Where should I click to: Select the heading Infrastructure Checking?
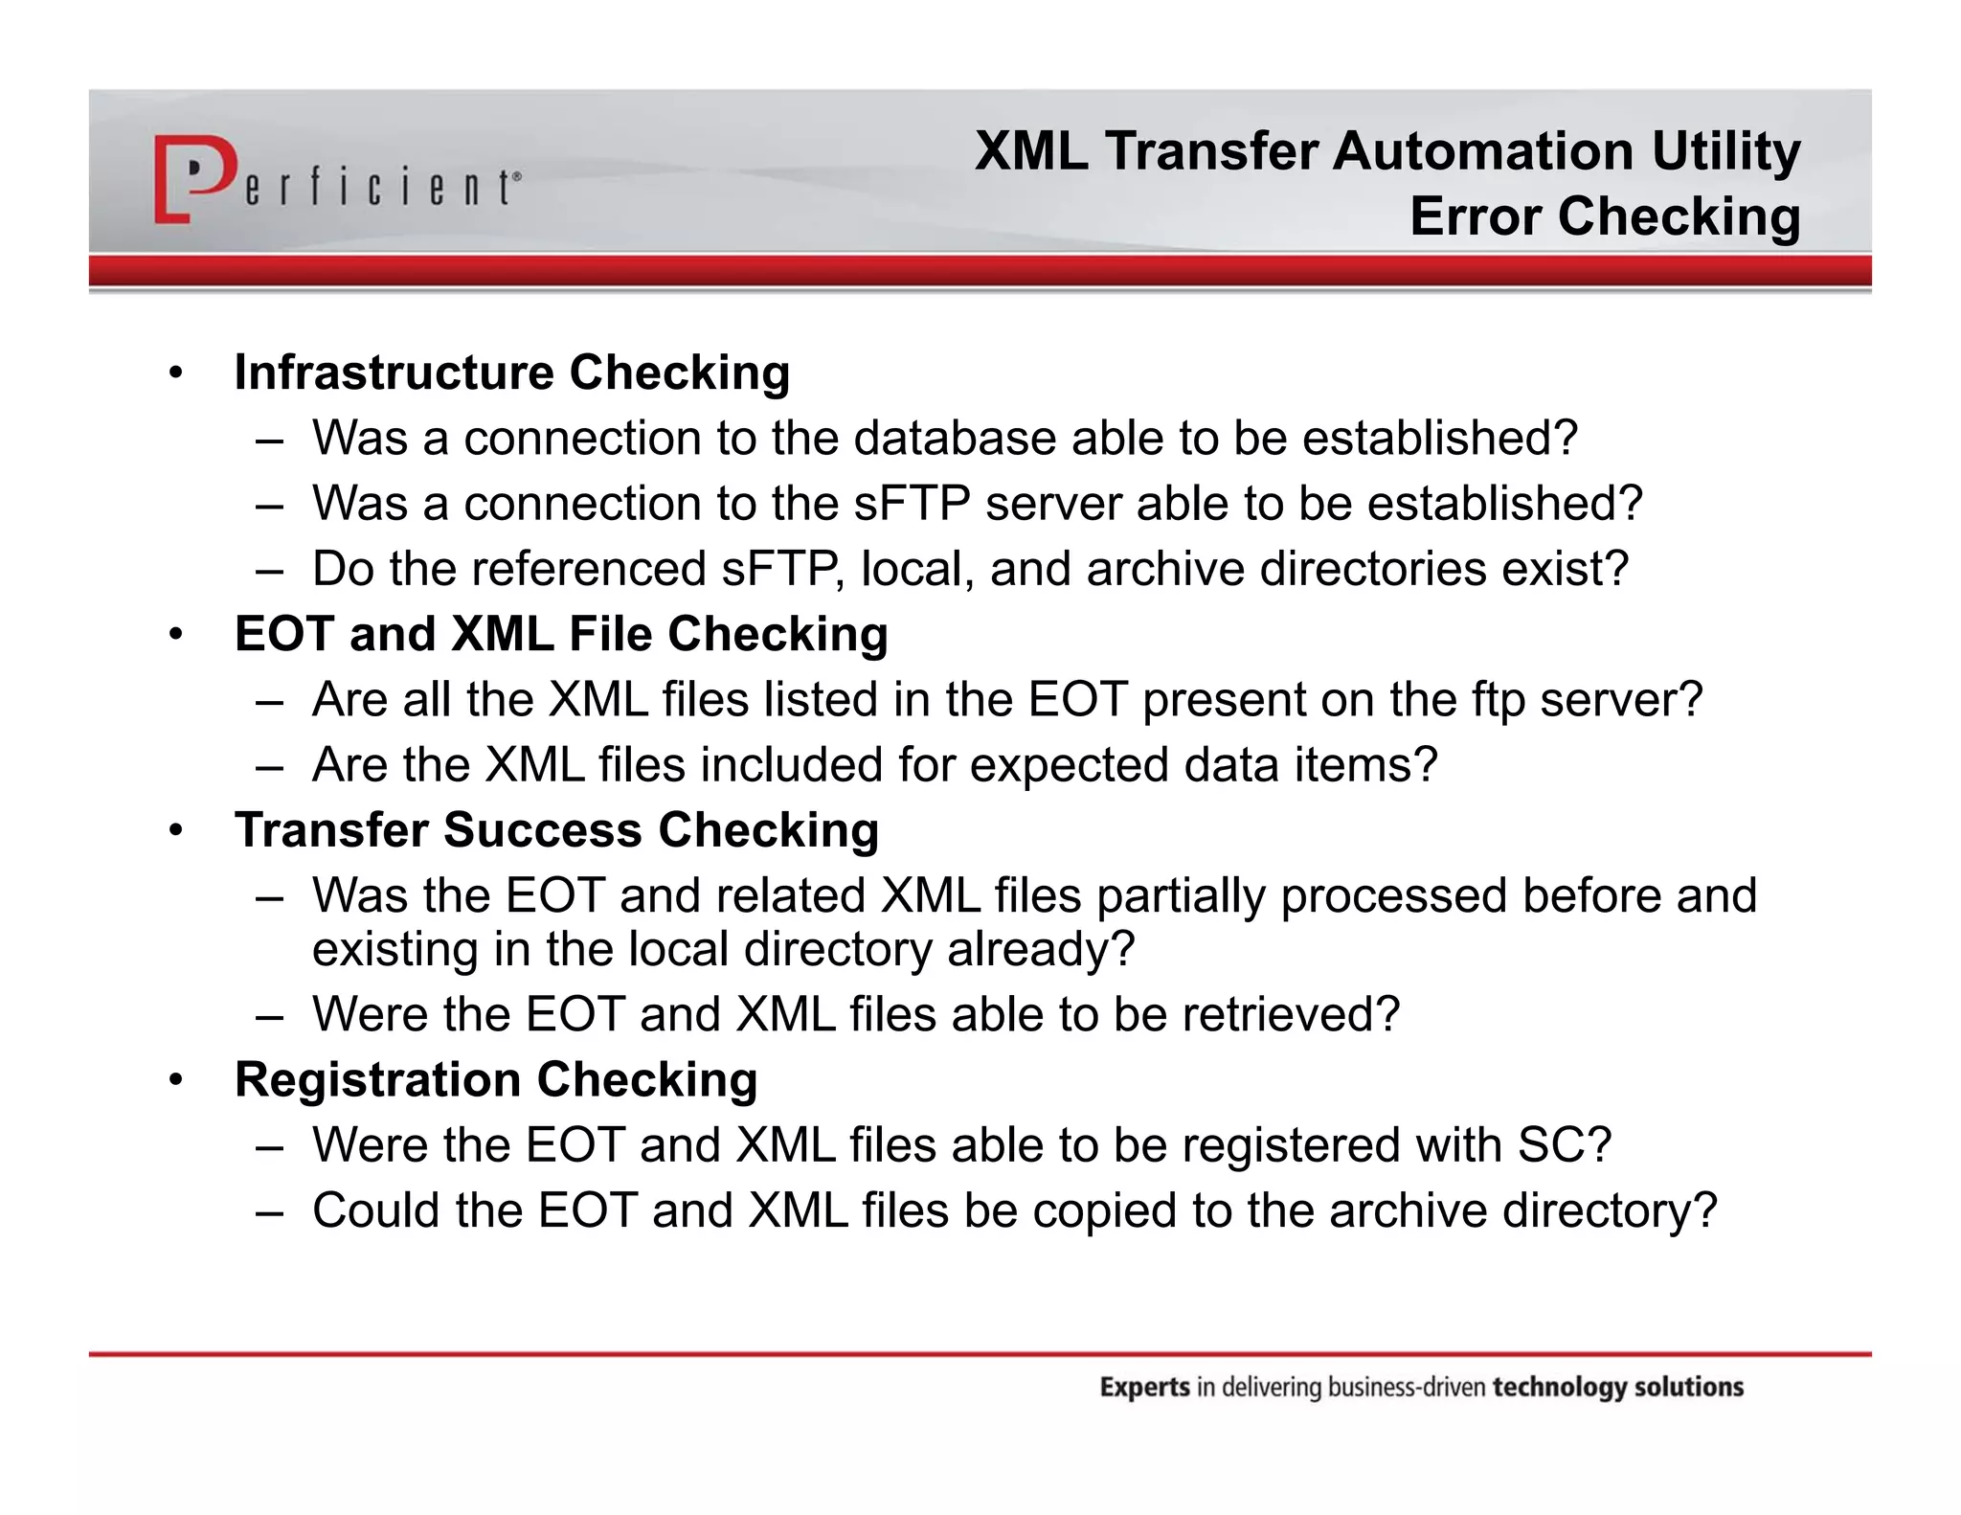point(511,373)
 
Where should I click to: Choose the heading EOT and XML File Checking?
point(561,634)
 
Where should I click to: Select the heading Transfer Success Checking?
point(556,830)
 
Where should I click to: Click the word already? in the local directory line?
point(1040,949)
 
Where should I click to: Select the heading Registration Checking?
point(496,1080)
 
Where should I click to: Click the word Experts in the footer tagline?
point(1144,1387)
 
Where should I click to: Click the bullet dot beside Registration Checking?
point(175,1081)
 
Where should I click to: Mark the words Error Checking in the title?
point(1605,216)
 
